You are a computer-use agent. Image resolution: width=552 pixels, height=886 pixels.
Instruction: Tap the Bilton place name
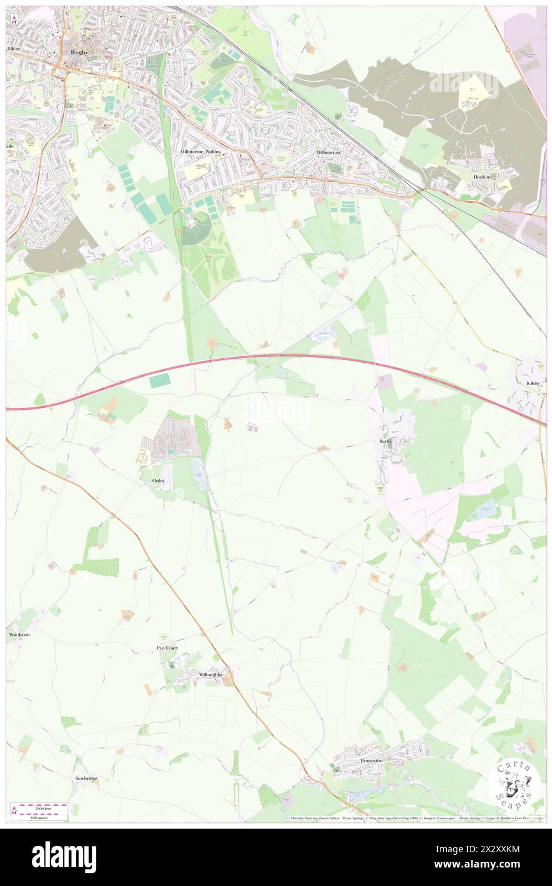(x=13, y=48)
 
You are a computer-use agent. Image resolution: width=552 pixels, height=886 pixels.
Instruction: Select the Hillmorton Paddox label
(x=200, y=152)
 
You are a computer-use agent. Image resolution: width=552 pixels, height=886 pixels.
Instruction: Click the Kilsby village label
(x=533, y=383)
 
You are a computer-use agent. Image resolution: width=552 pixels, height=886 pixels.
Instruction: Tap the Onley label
(x=159, y=480)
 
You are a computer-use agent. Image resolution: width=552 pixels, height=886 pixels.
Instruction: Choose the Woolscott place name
(x=18, y=635)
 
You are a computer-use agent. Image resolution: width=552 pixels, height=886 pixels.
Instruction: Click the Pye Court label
(x=167, y=648)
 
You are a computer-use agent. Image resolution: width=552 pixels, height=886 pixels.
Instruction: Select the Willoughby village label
(x=210, y=674)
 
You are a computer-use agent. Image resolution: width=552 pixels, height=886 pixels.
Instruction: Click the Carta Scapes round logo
(x=514, y=783)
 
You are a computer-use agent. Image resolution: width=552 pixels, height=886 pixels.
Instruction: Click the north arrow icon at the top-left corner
(x=14, y=18)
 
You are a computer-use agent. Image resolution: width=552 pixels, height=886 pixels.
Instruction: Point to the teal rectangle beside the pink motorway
(x=160, y=381)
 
